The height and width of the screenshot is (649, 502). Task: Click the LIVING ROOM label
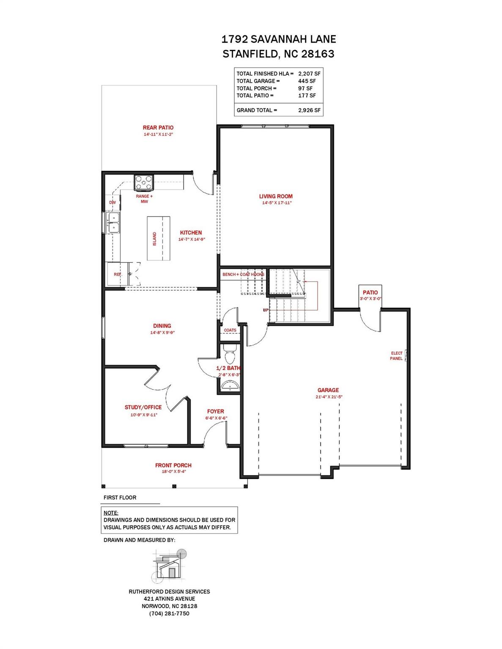(275, 196)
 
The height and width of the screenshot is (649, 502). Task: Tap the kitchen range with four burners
(144, 182)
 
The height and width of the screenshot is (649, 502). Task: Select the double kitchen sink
(113, 223)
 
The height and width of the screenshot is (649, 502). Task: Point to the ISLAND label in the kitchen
(154, 239)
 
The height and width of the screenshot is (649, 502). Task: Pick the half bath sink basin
(230, 386)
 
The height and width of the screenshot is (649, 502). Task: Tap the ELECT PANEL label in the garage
(397, 356)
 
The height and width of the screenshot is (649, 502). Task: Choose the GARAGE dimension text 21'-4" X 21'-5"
(328, 397)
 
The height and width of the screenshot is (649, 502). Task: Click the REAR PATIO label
(158, 128)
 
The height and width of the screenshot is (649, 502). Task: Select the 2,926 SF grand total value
(309, 110)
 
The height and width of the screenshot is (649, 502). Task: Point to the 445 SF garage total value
(307, 81)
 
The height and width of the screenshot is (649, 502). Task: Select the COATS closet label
(230, 330)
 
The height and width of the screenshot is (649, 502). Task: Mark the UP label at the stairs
(266, 310)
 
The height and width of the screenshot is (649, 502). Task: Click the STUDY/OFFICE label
(143, 407)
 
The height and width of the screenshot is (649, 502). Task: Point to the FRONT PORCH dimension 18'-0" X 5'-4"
(173, 472)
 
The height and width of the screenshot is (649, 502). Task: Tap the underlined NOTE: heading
(111, 513)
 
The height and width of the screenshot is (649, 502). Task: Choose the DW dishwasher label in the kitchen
(112, 202)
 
